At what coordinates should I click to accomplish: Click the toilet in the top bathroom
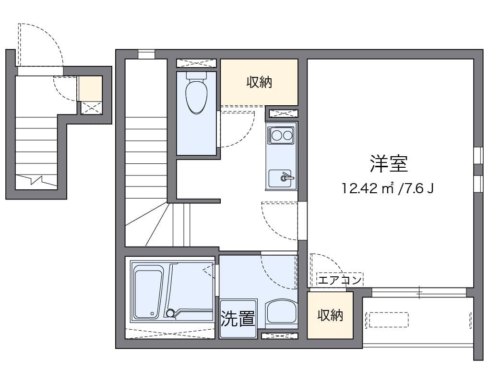(x=196, y=96)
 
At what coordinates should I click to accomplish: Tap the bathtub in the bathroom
(x=148, y=293)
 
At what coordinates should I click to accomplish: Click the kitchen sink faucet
(x=286, y=177)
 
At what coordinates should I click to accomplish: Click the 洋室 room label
(x=389, y=164)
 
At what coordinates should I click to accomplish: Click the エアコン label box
(x=340, y=280)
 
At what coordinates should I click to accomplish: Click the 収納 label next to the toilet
(x=259, y=82)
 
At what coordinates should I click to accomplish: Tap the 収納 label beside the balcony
(x=330, y=315)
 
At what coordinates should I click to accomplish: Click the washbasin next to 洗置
(x=281, y=312)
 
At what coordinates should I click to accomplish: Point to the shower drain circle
(x=169, y=313)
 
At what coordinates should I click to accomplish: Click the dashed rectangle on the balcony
(x=387, y=320)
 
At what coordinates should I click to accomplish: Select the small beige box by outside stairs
(x=91, y=88)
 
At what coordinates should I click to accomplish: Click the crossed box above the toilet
(x=196, y=63)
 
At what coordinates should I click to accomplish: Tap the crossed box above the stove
(x=282, y=113)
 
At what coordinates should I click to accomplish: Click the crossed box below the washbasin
(x=279, y=335)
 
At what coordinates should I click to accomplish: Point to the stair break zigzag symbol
(x=36, y=181)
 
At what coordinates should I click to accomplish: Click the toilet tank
(x=196, y=76)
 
